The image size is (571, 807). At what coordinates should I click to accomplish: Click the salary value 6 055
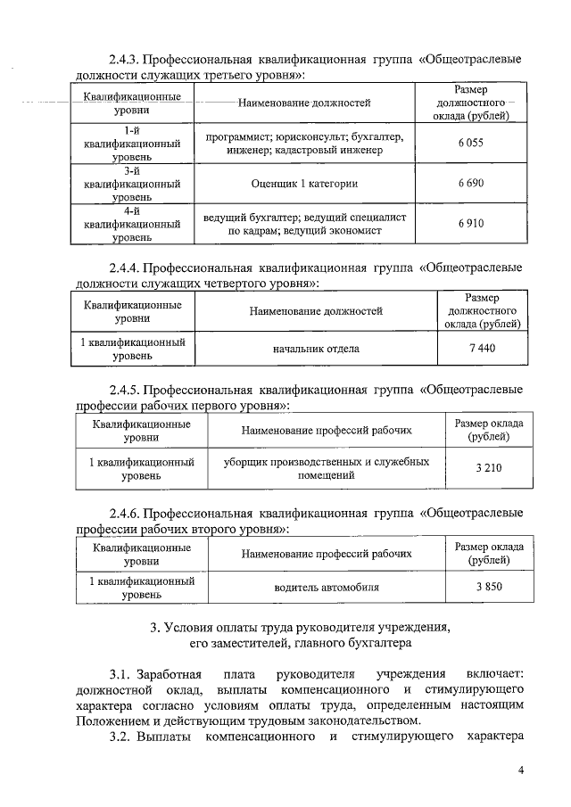(470, 143)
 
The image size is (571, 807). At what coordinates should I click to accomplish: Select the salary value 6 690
(470, 183)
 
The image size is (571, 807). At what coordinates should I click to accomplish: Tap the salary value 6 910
(470, 223)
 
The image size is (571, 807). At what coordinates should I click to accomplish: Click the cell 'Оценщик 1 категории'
(304, 183)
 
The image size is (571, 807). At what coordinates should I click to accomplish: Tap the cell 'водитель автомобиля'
(327, 588)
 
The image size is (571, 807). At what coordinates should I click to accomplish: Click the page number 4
(520, 770)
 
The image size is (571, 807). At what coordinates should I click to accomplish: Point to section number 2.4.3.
(123, 60)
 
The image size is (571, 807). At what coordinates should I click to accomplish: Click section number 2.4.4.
(123, 267)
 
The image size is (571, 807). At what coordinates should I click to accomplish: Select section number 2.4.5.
(123, 390)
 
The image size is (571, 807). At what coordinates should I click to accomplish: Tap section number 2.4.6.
(123, 514)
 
